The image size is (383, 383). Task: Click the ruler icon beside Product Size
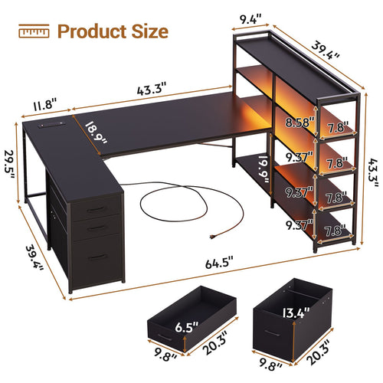pos(34,31)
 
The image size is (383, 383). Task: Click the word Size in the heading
pos(150,31)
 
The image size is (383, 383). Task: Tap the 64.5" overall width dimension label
pos(219,263)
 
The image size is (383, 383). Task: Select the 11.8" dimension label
pos(44,105)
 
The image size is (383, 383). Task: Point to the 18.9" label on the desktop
pos(96,133)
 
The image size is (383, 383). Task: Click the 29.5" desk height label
pos(9,165)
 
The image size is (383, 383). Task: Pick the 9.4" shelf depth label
pos(250,19)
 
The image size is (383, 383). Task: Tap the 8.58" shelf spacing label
pos(300,123)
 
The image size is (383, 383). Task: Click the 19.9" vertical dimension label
pos(264,169)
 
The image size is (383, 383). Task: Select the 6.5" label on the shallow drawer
pos(187,327)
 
